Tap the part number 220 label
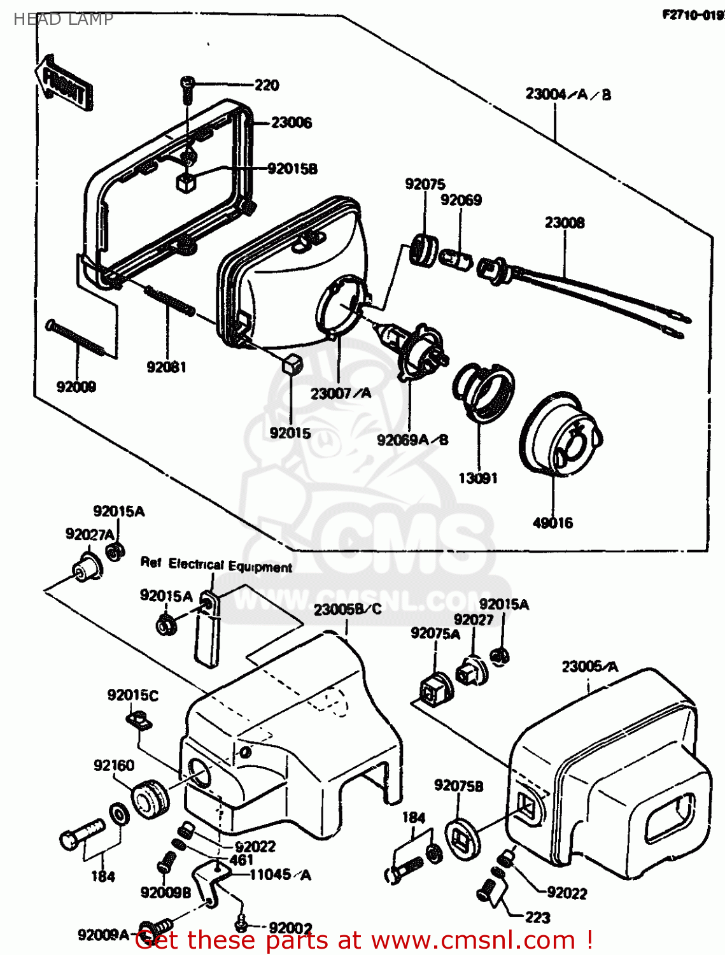(x=267, y=85)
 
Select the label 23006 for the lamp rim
(x=291, y=122)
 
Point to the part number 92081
(x=166, y=367)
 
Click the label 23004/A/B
(x=568, y=94)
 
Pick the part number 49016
(x=553, y=523)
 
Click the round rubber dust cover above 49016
(x=561, y=434)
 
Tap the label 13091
(x=478, y=478)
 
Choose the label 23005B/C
(x=348, y=609)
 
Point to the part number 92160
(x=114, y=765)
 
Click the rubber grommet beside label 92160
(x=151, y=798)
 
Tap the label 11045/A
(x=280, y=875)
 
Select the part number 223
(x=537, y=917)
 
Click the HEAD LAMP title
(x=63, y=19)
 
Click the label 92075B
(x=458, y=786)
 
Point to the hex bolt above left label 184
(x=81, y=833)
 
